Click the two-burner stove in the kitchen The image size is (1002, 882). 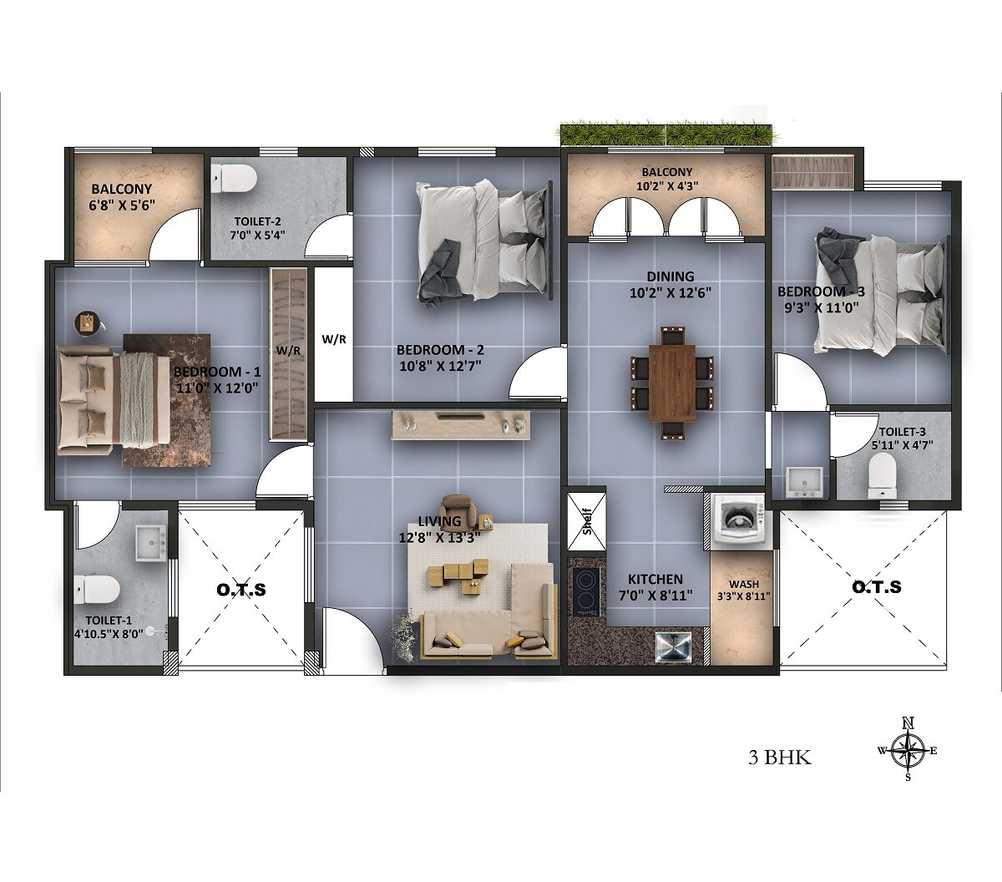click(x=585, y=592)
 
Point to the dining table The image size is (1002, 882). click(x=671, y=380)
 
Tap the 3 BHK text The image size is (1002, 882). click(x=780, y=758)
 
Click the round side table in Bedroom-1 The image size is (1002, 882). click(x=88, y=324)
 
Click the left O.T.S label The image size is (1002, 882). click(x=241, y=590)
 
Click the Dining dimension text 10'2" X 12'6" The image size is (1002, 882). click(x=671, y=292)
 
